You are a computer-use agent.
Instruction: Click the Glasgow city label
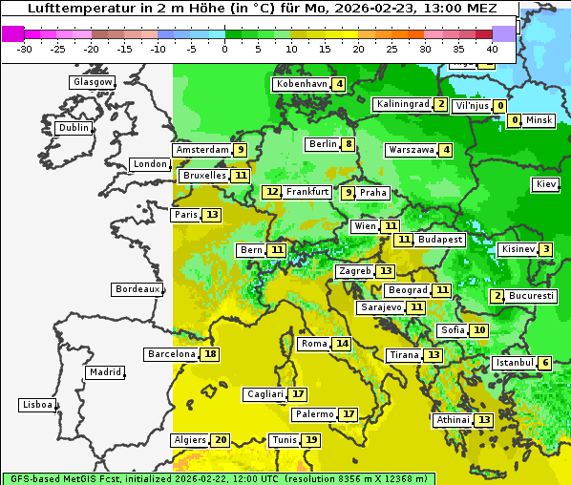tap(92, 82)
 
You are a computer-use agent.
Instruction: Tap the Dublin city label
tap(73, 128)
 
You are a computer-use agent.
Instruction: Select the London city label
tap(150, 164)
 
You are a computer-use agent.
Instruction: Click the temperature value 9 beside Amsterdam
tap(241, 150)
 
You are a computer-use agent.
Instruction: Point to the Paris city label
tap(185, 215)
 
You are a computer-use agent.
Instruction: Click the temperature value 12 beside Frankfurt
tap(272, 192)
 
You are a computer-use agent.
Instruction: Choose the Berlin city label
tap(323, 144)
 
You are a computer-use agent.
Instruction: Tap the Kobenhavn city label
tap(302, 84)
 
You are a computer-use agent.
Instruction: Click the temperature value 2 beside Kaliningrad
tap(440, 104)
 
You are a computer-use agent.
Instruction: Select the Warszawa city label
tap(411, 150)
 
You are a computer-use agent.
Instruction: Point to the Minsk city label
tap(539, 120)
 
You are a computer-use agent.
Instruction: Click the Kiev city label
tap(546, 184)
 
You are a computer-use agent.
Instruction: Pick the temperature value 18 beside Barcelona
tap(210, 354)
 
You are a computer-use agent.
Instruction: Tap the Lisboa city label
tap(36, 405)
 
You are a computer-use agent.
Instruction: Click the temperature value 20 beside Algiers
tap(221, 440)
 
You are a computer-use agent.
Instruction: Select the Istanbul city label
tap(514, 363)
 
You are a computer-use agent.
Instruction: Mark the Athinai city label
tap(452, 420)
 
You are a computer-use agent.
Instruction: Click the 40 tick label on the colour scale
tap(492, 48)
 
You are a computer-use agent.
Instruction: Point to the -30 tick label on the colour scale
tap(25, 48)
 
